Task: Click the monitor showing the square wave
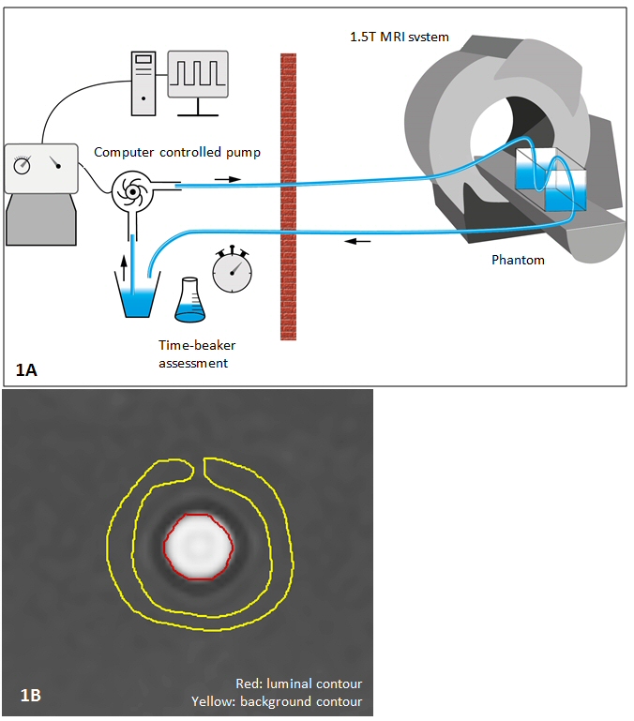tap(197, 74)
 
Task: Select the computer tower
tap(143, 80)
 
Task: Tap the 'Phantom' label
tap(518, 260)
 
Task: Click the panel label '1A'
tap(26, 370)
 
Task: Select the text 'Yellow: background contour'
tap(276, 701)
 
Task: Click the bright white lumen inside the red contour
tap(198, 546)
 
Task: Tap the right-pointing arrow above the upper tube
tap(226, 176)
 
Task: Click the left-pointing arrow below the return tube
tap(357, 242)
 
